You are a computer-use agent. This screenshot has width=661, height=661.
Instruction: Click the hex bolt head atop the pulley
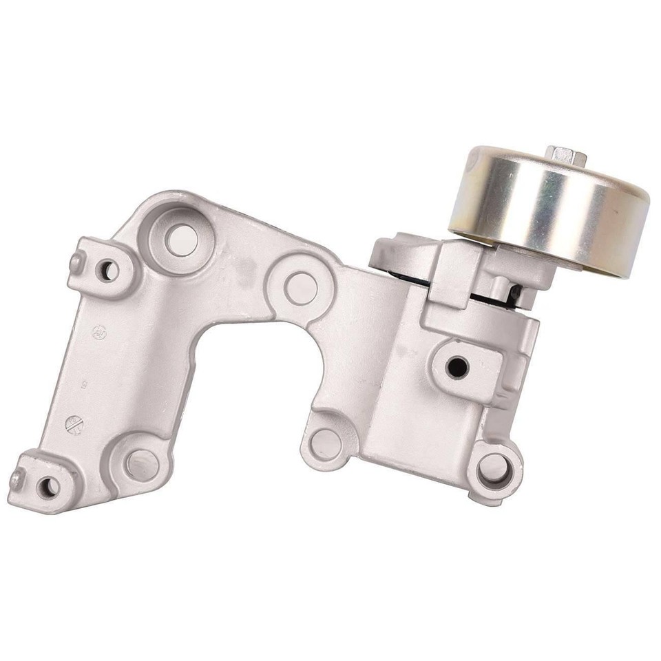(566, 156)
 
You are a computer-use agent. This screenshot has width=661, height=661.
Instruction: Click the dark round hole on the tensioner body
(457, 367)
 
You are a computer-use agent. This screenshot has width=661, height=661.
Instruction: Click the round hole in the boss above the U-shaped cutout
(301, 287)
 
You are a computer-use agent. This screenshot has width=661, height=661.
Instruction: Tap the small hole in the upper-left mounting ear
(107, 270)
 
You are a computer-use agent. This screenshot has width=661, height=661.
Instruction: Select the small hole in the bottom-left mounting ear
(49, 487)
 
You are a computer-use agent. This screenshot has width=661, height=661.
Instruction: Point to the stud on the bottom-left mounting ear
(17, 479)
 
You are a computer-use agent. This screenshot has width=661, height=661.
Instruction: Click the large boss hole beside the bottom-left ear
(141, 464)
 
